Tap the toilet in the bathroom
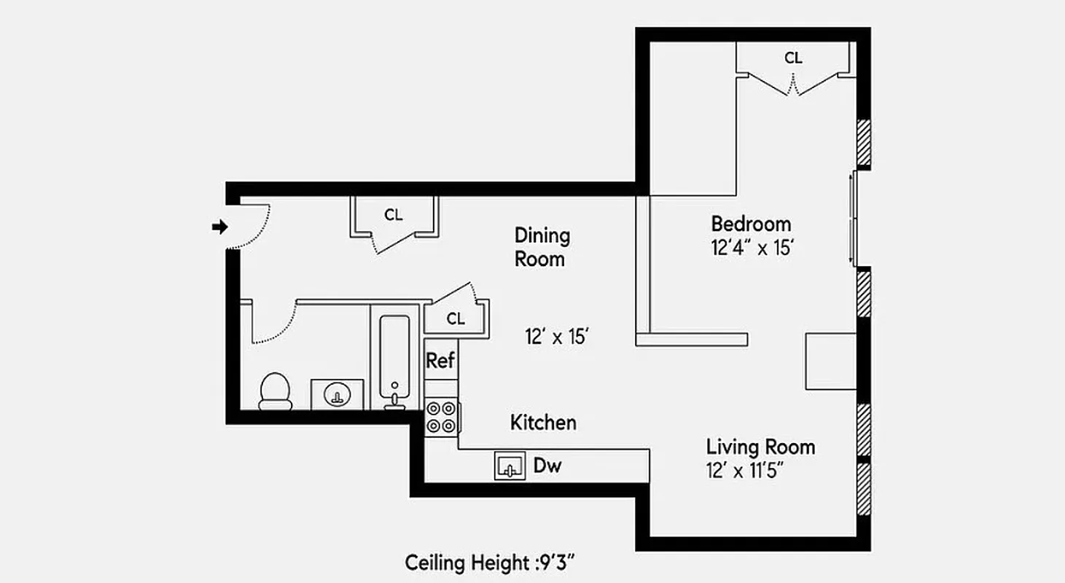(x=275, y=392)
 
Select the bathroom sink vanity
(x=337, y=394)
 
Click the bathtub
(x=394, y=361)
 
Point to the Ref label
(x=440, y=360)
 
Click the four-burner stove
(x=442, y=418)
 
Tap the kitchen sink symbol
(x=510, y=466)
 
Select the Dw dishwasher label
(x=547, y=466)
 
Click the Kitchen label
(x=543, y=422)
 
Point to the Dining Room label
(x=542, y=247)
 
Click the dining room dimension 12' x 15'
(x=556, y=337)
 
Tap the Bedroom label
(x=751, y=223)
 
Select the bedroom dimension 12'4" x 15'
(x=752, y=248)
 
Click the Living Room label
(x=760, y=446)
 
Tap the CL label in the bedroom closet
(x=793, y=58)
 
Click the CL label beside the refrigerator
(x=456, y=318)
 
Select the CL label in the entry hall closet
(x=394, y=215)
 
